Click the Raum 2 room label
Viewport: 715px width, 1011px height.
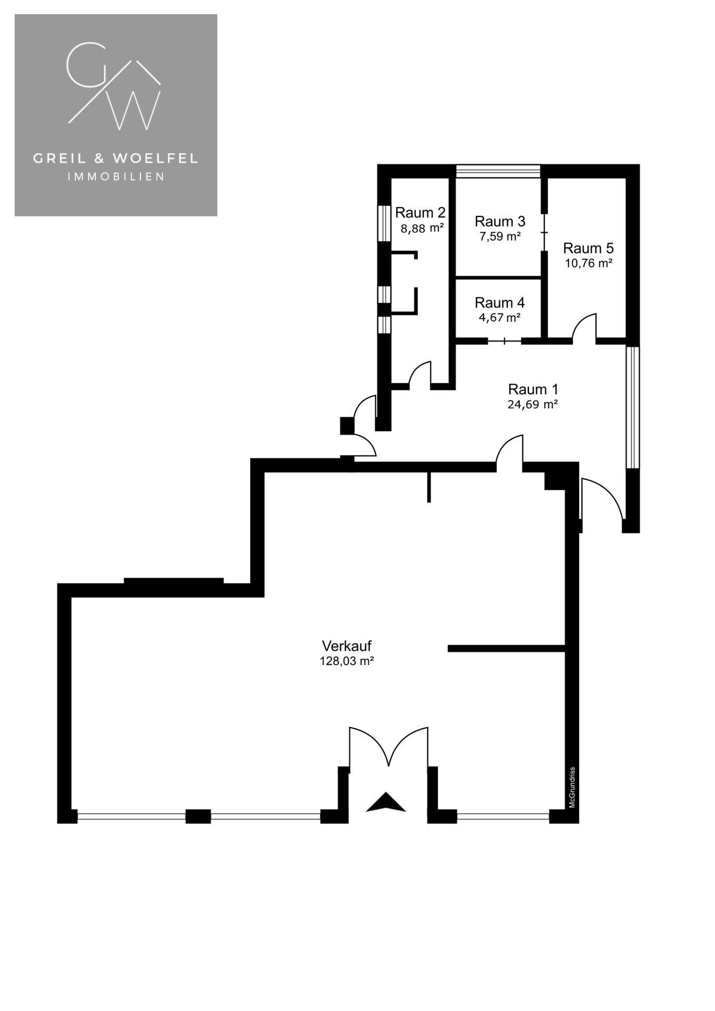pyautogui.click(x=420, y=213)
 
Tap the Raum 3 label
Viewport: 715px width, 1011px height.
pyautogui.click(x=499, y=221)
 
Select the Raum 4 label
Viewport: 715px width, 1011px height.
pyautogui.click(x=499, y=303)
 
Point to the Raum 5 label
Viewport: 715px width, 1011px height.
pyautogui.click(x=588, y=248)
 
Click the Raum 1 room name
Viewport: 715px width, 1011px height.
pyautogui.click(x=533, y=390)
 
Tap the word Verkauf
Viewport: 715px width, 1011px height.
pyautogui.click(x=347, y=646)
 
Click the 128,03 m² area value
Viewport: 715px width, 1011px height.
pyautogui.click(x=347, y=661)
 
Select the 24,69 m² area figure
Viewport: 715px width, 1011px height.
pyautogui.click(x=533, y=404)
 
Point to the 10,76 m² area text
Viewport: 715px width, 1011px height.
pyautogui.click(x=588, y=263)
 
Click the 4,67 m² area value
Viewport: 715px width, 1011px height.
pyautogui.click(x=499, y=318)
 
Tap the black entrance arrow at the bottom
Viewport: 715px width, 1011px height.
pyautogui.click(x=386, y=803)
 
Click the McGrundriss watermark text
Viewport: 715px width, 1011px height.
pyautogui.click(x=572, y=787)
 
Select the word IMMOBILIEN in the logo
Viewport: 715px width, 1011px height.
pyautogui.click(x=116, y=177)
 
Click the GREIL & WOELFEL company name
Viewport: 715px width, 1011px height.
pyautogui.click(x=116, y=158)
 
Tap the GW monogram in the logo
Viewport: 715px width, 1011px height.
pyautogui.click(x=114, y=87)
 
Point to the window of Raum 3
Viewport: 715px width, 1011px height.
pyautogui.click(x=498, y=171)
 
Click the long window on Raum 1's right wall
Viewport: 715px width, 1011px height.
pyautogui.click(x=632, y=407)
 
